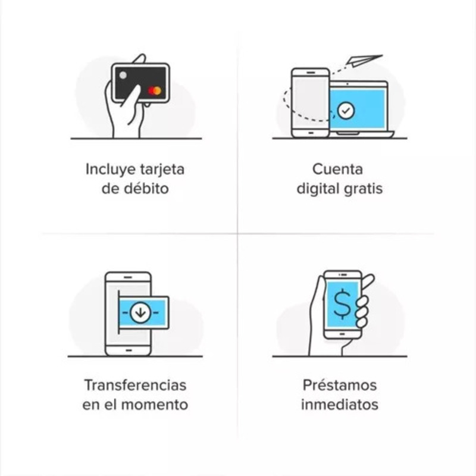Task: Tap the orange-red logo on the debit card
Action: pos(155,91)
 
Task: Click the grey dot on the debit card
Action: pos(123,76)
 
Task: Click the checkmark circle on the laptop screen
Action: pos(345,110)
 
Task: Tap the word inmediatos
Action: pos(339,405)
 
